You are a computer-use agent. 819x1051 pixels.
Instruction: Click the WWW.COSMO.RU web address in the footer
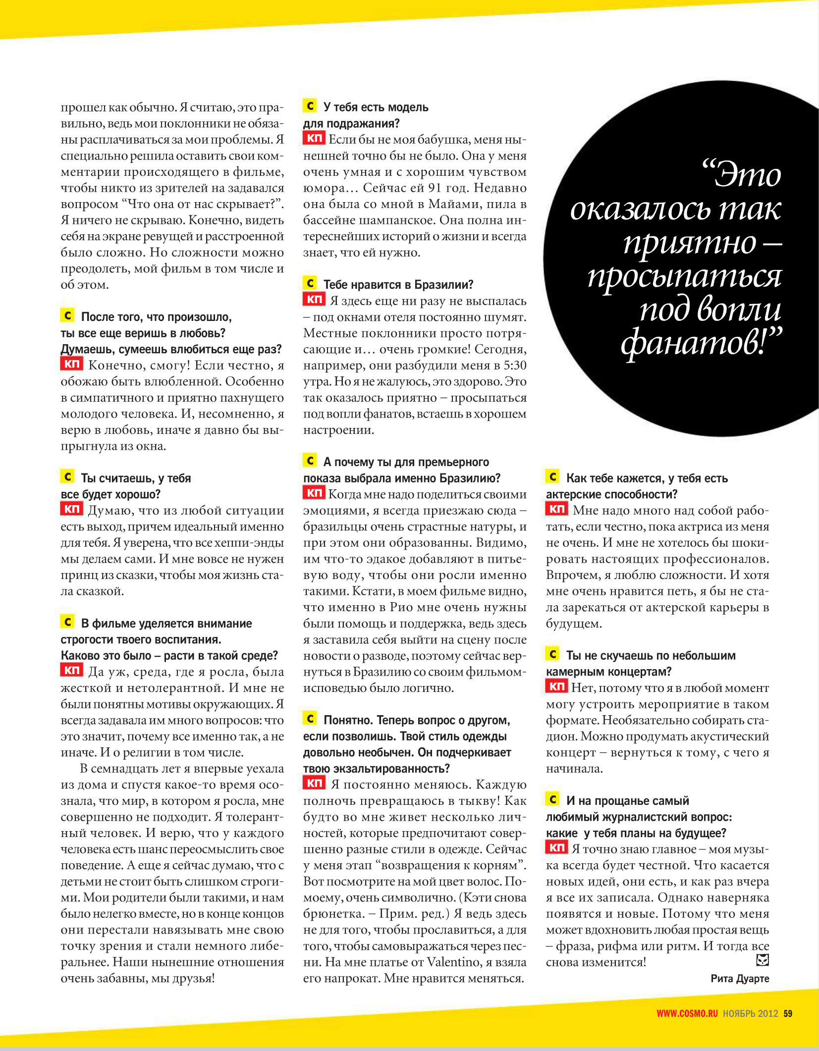pos(687,1013)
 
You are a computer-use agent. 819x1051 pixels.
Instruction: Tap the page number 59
pos(788,1013)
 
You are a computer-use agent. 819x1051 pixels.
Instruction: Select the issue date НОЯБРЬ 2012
pos(750,1013)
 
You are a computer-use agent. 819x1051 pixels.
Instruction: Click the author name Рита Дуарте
pos(740,978)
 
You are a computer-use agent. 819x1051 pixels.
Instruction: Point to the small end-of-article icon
pos(763,960)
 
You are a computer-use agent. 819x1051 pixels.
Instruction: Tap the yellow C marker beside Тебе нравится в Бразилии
pos(310,283)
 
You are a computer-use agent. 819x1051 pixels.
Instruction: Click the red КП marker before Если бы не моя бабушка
pos(314,138)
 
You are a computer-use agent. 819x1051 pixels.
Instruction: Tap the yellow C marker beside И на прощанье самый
pos(553,799)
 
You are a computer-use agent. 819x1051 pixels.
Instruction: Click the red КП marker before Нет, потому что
pos(556,686)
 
